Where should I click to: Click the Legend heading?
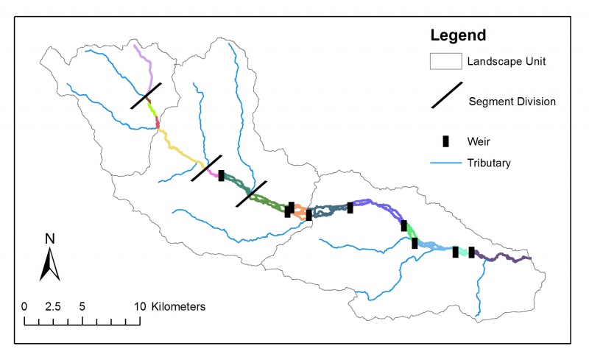tap(458, 35)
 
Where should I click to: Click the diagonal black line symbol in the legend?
tap(446, 96)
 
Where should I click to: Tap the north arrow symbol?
tap(49, 265)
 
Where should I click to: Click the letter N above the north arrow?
tap(49, 239)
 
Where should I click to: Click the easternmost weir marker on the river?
tap(471, 253)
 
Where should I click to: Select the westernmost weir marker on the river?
tap(221, 175)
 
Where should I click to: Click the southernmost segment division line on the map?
tap(251, 194)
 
